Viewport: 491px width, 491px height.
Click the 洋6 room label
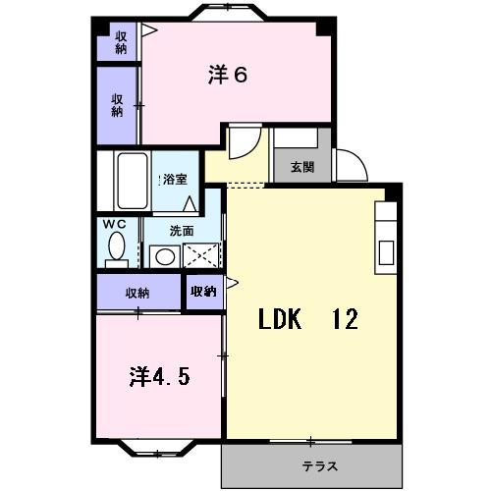pyautogui.click(x=227, y=76)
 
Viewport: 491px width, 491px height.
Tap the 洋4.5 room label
pyautogui.click(x=158, y=375)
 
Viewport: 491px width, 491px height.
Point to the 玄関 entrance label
pyautogui.click(x=302, y=166)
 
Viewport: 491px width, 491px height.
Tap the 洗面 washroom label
pyautogui.click(x=182, y=231)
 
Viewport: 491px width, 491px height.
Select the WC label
pyautogui.click(x=116, y=224)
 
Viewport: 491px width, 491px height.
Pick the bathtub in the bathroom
pyautogui.click(x=129, y=183)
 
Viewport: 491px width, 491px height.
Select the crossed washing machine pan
pyautogui.click(x=200, y=256)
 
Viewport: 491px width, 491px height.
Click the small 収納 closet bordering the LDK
pyautogui.click(x=204, y=292)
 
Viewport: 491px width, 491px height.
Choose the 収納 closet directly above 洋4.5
pyautogui.click(x=137, y=293)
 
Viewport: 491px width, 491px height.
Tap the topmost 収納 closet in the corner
pyautogui.click(x=120, y=43)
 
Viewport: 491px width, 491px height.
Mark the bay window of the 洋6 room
pyautogui.click(x=228, y=13)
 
